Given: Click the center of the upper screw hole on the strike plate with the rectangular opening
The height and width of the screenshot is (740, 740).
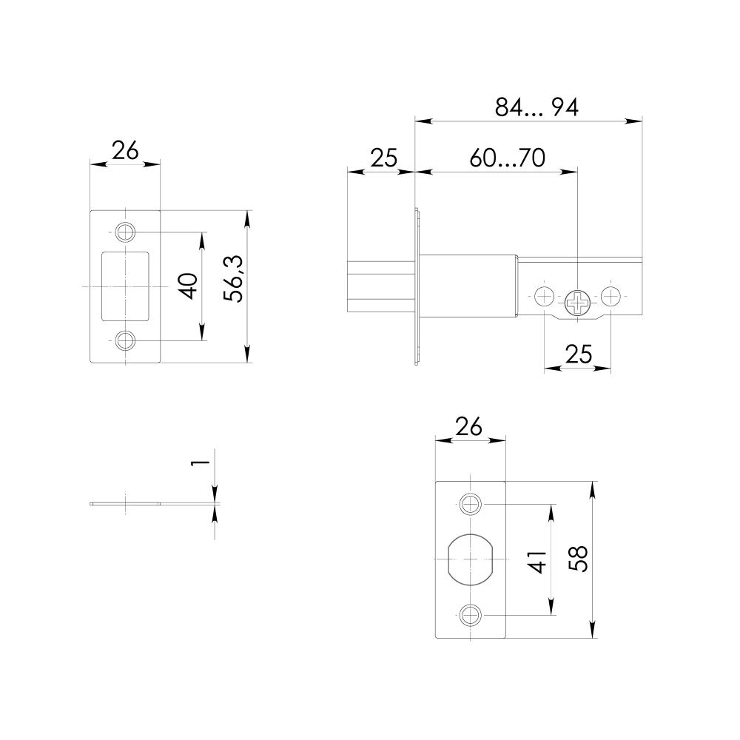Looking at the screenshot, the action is pyautogui.click(x=126, y=232).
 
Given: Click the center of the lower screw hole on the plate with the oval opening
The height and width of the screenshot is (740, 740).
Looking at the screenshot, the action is pyautogui.click(x=471, y=615).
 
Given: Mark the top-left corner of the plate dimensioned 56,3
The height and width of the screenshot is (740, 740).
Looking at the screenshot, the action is pyautogui.click(x=90, y=210).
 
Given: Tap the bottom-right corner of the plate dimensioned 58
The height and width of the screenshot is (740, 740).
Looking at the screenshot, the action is pyautogui.click(x=505, y=638).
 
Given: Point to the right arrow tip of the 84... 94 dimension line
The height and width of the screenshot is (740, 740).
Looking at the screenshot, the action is pyautogui.click(x=642, y=121).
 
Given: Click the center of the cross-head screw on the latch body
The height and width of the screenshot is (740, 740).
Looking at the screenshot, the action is pyautogui.click(x=578, y=303).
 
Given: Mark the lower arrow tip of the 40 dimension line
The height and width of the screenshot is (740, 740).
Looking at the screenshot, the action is pyautogui.click(x=202, y=340).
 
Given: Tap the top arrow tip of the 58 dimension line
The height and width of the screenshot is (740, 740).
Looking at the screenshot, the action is pyautogui.click(x=592, y=482).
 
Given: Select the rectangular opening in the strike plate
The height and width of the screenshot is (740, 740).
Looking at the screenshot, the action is pyautogui.click(x=126, y=286).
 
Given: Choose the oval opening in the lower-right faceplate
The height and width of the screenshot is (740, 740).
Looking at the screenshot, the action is pyautogui.click(x=471, y=559).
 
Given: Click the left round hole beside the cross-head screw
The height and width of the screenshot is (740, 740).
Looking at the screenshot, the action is pyautogui.click(x=544, y=297).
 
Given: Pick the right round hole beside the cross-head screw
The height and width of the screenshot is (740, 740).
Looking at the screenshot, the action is pyautogui.click(x=611, y=297).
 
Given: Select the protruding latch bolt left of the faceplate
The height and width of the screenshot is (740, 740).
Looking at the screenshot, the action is pyautogui.click(x=380, y=286).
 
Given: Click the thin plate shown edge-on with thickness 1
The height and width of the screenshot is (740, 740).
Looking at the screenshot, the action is pyautogui.click(x=126, y=503).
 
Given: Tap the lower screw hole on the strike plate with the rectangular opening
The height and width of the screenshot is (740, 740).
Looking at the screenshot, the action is pyautogui.click(x=126, y=340).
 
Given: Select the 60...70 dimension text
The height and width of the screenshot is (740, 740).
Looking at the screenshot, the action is pyautogui.click(x=508, y=158).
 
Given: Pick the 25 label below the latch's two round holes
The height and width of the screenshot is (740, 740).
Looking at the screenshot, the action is pyautogui.click(x=579, y=354).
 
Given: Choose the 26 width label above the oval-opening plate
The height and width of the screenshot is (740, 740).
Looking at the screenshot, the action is pyautogui.click(x=470, y=427).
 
